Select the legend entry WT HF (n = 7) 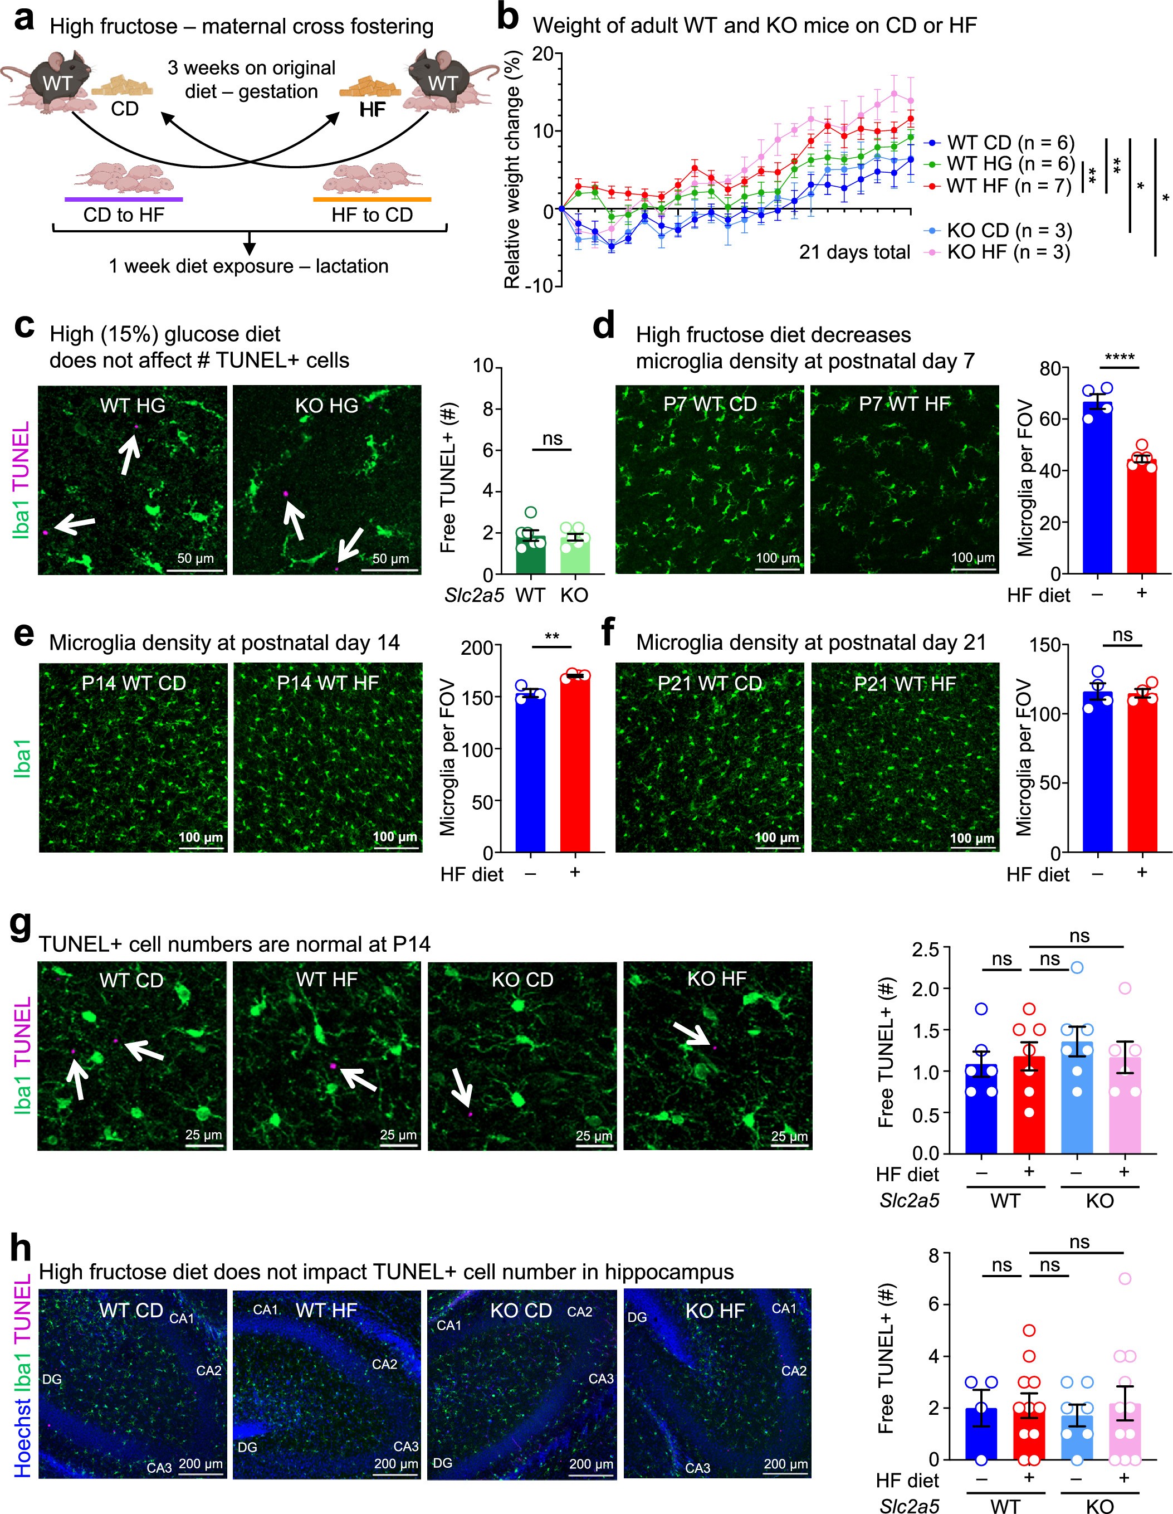1009,186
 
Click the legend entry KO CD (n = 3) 1009,230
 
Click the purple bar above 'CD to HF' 123,199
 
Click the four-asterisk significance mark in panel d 1119,358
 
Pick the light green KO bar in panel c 574,554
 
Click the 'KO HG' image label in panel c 326,406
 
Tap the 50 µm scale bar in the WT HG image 195,570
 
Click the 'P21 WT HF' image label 905,684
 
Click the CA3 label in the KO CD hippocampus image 601,1378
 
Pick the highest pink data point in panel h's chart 1125,1278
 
